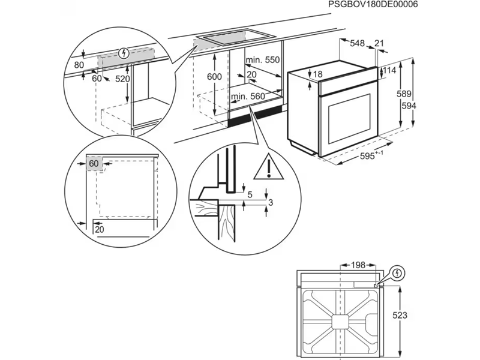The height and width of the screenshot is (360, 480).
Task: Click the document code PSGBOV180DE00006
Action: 373,5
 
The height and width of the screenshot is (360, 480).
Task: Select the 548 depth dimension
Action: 358,43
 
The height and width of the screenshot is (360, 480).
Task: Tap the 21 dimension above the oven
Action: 379,43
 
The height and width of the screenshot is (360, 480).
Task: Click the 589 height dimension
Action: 404,94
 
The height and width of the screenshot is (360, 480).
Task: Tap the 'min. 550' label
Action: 263,60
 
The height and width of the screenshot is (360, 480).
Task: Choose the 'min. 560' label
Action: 248,96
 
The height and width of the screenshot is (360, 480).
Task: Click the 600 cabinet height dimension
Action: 214,77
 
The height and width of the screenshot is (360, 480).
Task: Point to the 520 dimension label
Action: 122,79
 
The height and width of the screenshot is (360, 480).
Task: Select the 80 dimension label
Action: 79,64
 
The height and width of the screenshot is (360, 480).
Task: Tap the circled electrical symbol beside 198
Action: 397,274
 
